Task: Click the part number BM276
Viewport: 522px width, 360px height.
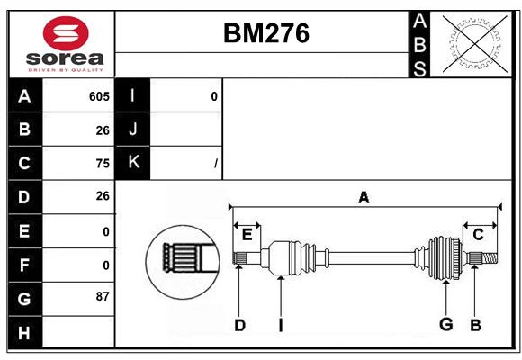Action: pyautogui.click(x=265, y=33)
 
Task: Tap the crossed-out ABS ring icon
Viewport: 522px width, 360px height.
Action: pyautogui.click(x=475, y=43)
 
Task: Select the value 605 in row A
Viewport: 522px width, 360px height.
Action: pyautogui.click(x=99, y=96)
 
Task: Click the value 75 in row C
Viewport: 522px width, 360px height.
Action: pyautogui.click(x=102, y=163)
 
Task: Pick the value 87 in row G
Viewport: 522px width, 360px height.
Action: pyautogui.click(x=102, y=296)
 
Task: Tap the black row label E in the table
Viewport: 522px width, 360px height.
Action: pyautogui.click(x=24, y=230)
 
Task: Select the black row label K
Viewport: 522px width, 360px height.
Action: pyautogui.click(x=134, y=162)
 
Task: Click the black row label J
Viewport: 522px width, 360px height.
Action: pyautogui.click(x=134, y=129)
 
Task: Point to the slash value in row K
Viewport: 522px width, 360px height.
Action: pyautogui.click(x=215, y=163)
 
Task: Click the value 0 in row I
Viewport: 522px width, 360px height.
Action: pyautogui.click(x=213, y=96)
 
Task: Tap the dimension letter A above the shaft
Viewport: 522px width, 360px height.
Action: pyautogui.click(x=364, y=197)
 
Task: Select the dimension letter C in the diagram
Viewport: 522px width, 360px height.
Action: pyautogui.click(x=478, y=235)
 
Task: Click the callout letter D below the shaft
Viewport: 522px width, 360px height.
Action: pyautogui.click(x=239, y=325)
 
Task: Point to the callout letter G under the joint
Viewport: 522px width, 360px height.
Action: pyautogui.click(x=445, y=324)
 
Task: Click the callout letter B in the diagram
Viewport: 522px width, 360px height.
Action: pyautogui.click(x=475, y=325)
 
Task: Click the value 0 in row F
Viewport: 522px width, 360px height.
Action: pyautogui.click(x=105, y=264)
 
